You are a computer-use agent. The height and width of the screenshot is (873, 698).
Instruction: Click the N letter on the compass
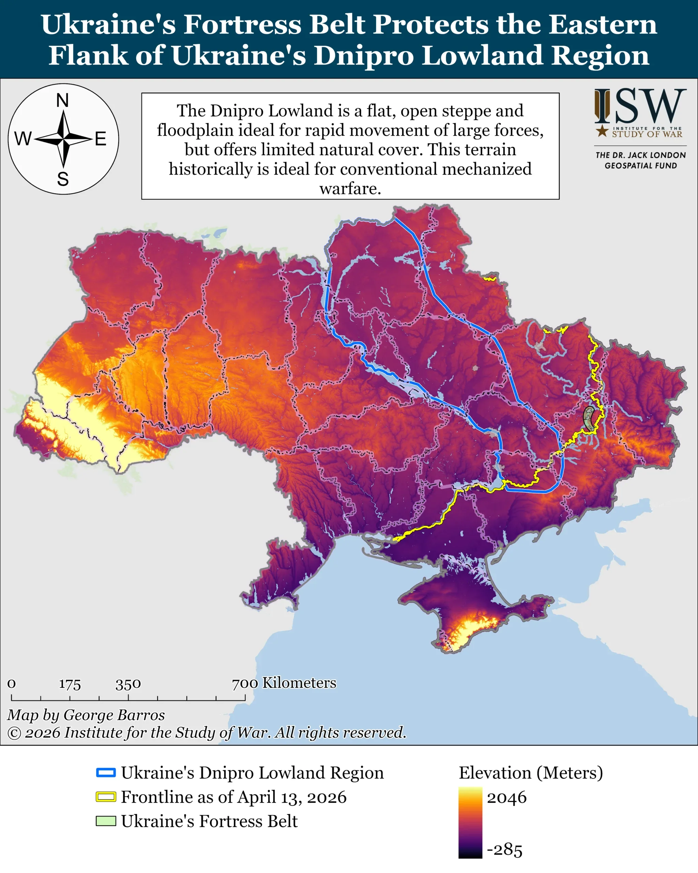[62, 100]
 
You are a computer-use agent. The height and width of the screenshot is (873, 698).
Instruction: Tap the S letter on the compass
[63, 179]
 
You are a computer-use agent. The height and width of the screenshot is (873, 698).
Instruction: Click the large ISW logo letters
[640, 106]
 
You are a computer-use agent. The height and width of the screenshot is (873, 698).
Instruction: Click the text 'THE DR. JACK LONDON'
[640, 155]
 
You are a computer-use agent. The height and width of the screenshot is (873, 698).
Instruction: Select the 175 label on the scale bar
[70, 684]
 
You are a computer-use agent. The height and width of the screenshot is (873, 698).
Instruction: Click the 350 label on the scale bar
[128, 684]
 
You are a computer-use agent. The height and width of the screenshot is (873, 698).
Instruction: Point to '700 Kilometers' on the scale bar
[284, 683]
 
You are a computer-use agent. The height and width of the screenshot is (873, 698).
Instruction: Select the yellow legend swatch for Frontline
[106, 797]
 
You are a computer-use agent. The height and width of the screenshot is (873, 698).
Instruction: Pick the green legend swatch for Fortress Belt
[106, 821]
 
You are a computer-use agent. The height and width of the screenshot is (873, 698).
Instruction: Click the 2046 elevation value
[506, 798]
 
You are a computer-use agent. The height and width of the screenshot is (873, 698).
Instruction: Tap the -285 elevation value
[504, 849]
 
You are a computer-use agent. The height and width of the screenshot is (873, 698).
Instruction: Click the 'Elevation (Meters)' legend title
[530, 773]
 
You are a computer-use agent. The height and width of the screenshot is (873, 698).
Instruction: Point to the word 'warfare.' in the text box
[350, 189]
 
